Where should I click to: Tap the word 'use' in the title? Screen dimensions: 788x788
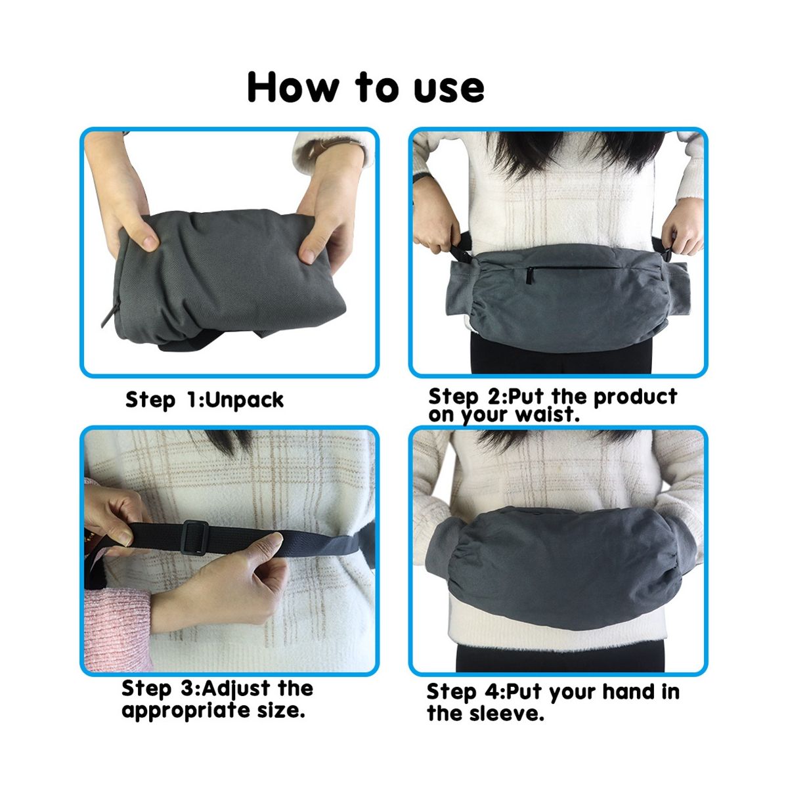click(x=449, y=90)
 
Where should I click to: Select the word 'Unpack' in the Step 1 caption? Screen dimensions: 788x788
click(x=245, y=401)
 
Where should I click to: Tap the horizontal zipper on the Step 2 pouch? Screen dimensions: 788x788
click(x=571, y=270)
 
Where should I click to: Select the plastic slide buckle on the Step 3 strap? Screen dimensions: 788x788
click(x=196, y=538)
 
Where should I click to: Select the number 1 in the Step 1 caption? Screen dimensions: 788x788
click(x=192, y=399)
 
